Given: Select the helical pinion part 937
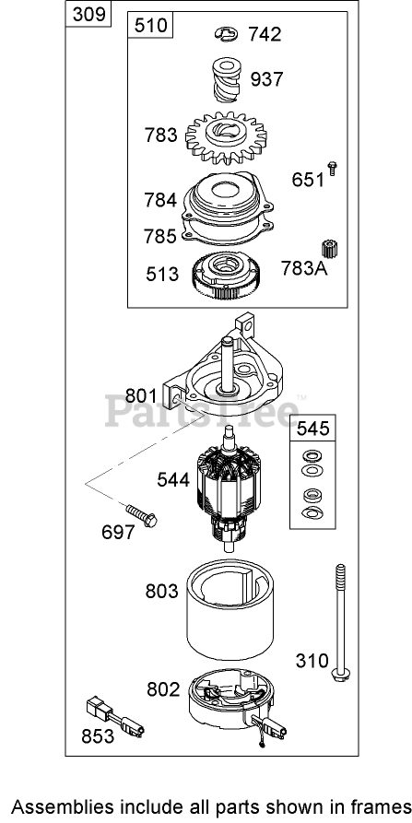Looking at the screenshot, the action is (227, 82).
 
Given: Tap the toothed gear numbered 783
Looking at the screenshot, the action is (226, 138).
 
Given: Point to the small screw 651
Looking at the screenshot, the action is (332, 169).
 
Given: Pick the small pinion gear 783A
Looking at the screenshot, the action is (329, 248).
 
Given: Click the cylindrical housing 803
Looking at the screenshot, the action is (231, 609).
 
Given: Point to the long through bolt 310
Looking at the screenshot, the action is (340, 624).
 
